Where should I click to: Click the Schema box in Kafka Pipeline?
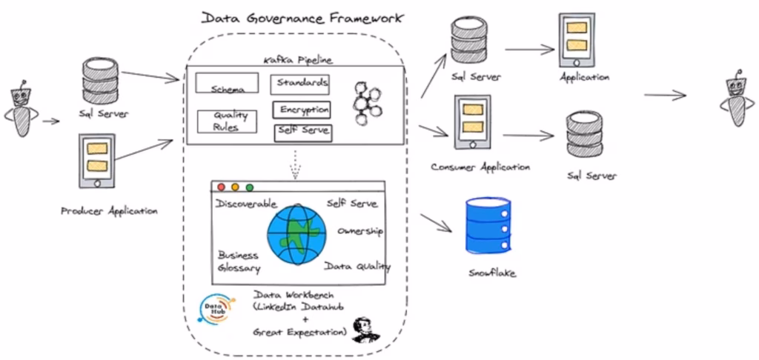227,83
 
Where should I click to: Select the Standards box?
299,83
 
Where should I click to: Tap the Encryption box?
302,110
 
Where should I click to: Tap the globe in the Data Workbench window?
296,231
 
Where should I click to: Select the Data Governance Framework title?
302,18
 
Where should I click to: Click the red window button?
220,187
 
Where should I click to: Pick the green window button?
250,187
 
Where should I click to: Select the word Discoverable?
246,204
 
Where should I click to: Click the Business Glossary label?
239,261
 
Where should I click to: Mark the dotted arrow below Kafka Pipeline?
294,164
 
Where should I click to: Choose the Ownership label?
359,232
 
